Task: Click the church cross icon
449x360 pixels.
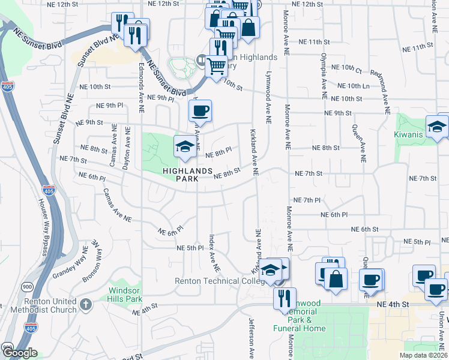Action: tap(86, 304)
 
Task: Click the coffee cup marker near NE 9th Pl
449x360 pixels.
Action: tap(200, 110)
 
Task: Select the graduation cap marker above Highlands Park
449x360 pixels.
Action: tap(185, 146)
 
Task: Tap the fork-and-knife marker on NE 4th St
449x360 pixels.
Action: tap(284, 298)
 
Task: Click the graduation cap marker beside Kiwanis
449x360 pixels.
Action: tap(436, 126)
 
